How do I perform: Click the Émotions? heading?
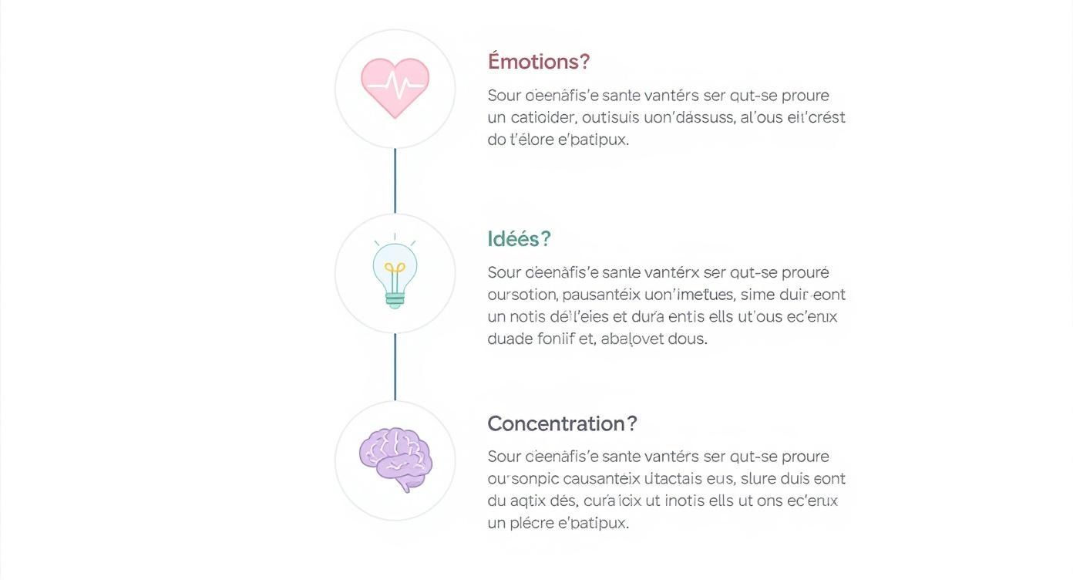point(539,62)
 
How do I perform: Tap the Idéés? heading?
point(519,239)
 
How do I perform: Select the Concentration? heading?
point(562,423)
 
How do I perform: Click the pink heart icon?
point(395,86)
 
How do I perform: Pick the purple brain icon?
point(395,459)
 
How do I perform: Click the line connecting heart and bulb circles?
point(395,180)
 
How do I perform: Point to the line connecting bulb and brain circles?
point(395,367)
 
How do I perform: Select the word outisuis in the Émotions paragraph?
point(615,118)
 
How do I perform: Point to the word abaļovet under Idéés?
point(632,339)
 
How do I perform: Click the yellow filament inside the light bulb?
point(395,271)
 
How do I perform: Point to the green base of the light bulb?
point(395,300)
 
